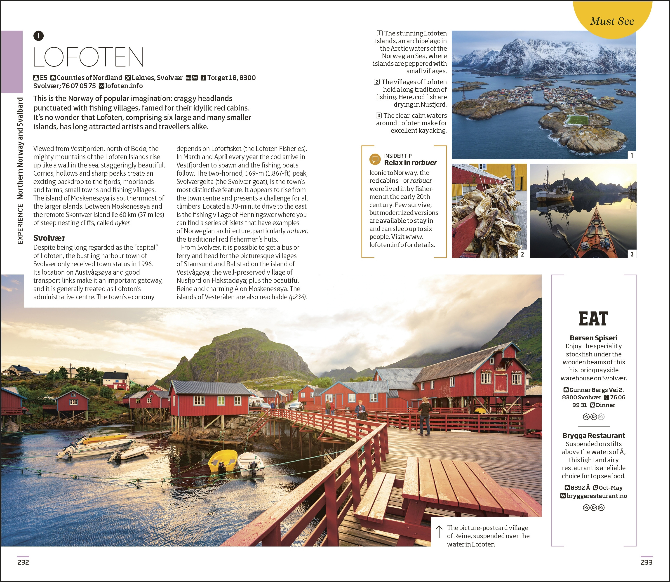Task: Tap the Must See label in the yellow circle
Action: pyautogui.click(x=612, y=21)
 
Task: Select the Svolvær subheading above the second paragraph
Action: pyautogui.click(x=49, y=238)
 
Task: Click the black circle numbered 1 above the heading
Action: pyautogui.click(x=38, y=36)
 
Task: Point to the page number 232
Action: pyautogui.click(x=23, y=562)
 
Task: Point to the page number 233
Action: pyautogui.click(x=646, y=562)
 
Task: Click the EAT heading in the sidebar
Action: pyautogui.click(x=593, y=319)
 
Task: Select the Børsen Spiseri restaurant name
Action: pyautogui.click(x=593, y=338)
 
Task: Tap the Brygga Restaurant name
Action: pyautogui.click(x=593, y=436)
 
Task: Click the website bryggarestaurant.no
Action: pyautogui.click(x=597, y=496)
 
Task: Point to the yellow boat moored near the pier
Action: pyautogui.click(x=223, y=461)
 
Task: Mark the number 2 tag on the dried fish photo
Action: pyautogui.click(x=522, y=254)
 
